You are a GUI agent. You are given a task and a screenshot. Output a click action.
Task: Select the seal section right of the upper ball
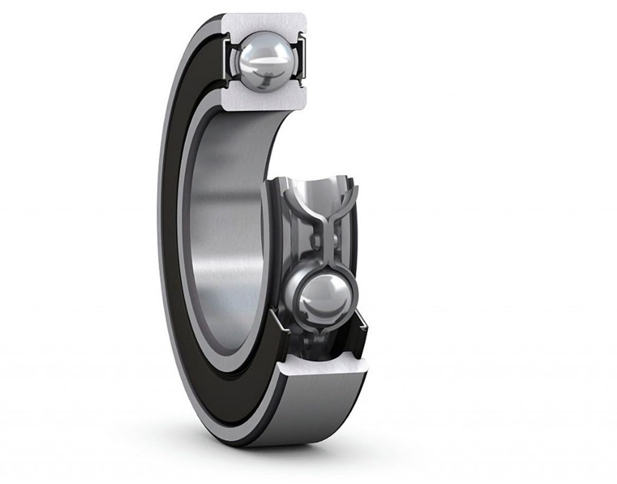(301, 58)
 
